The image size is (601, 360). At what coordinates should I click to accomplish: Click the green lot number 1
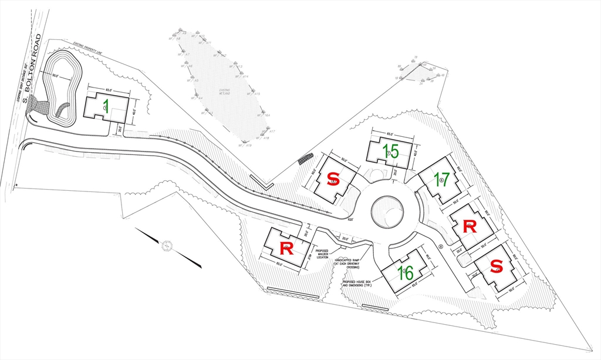(x=106, y=106)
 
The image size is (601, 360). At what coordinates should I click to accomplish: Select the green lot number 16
(x=406, y=273)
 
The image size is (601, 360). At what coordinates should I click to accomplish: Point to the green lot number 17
(x=442, y=179)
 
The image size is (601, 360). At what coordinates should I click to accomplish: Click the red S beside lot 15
(x=333, y=178)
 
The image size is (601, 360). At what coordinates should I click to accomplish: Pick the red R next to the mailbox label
(x=286, y=248)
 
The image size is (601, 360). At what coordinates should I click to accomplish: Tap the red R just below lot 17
(x=470, y=226)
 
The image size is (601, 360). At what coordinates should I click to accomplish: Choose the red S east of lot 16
(x=497, y=266)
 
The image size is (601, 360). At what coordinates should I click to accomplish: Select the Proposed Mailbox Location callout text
(x=323, y=253)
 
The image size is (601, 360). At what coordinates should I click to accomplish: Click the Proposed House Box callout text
(x=357, y=284)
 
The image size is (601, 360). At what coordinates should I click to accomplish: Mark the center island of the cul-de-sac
(x=387, y=211)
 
